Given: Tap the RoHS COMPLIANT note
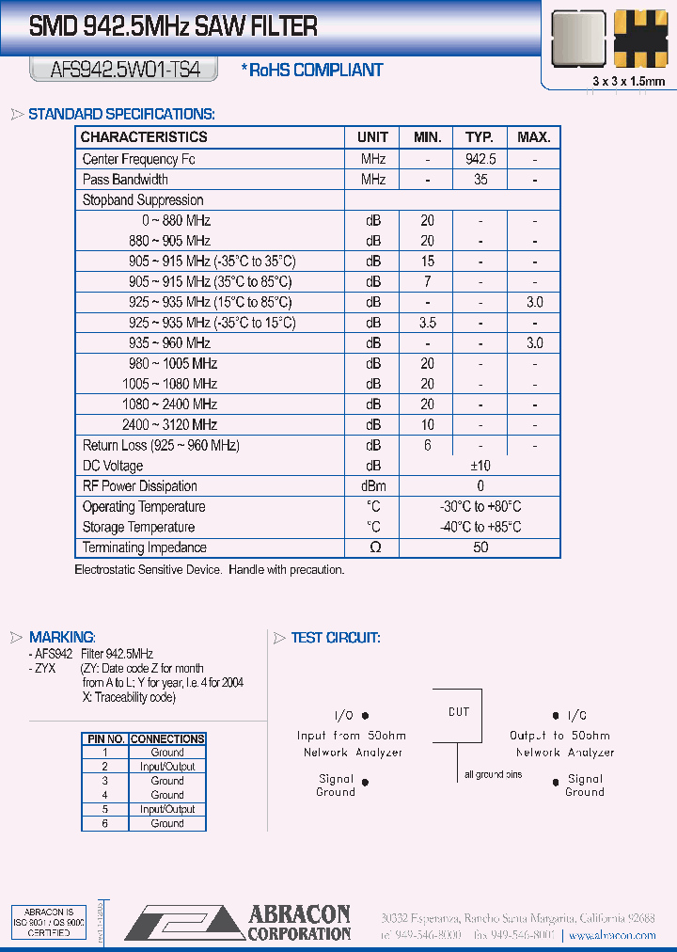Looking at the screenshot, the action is point(312,70).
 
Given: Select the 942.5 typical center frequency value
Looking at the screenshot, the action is point(480,159).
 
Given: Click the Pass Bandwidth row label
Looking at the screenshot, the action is point(125,179).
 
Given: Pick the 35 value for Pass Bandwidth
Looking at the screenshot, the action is point(480,179).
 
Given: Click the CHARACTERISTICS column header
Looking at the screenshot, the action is point(144,137).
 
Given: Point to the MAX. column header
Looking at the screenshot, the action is point(534,137).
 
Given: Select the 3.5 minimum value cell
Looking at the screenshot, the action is point(427,323).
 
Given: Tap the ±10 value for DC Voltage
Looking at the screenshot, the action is point(480,466).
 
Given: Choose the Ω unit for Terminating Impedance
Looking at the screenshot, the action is point(372,547).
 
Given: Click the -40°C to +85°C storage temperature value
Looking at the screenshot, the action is point(480,527).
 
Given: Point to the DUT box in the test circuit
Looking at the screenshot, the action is point(459,712).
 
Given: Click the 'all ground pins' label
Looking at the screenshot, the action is point(493,774).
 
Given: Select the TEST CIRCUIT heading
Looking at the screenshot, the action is point(335,638).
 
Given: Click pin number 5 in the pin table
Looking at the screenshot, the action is point(105,809).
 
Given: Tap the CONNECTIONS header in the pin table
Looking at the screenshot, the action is point(166,739).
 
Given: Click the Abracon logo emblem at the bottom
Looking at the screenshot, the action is point(183,922).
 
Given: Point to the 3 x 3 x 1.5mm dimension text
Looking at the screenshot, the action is point(629,82).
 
